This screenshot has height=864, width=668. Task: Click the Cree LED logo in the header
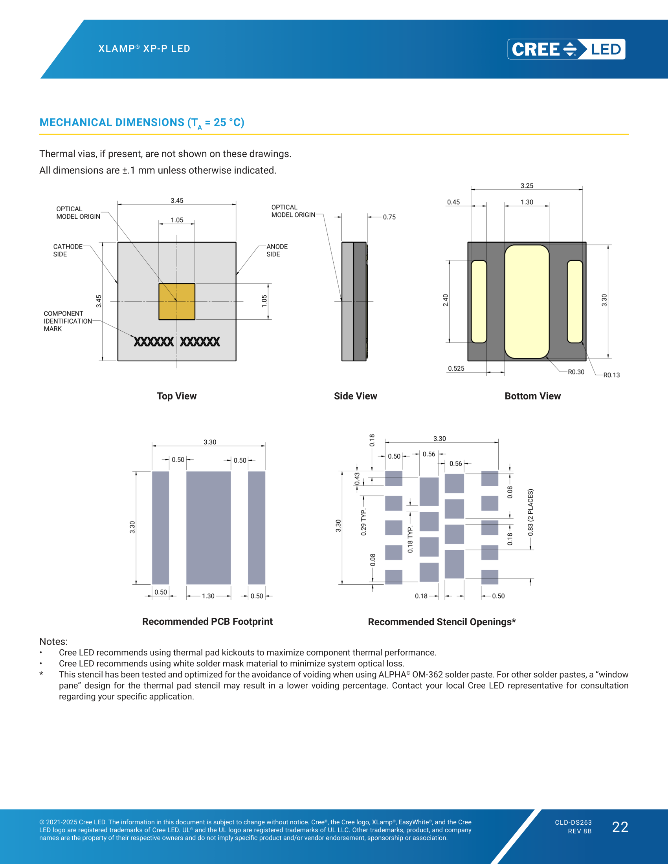pos(566,49)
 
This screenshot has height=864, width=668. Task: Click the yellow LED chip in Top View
pos(177,302)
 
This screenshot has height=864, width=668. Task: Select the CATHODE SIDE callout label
pos(68,251)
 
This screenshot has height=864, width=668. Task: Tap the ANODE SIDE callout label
pos(277,251)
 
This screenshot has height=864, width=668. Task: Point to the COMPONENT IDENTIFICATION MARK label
pos(68,321)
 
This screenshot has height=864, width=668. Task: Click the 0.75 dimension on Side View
pos(389,217)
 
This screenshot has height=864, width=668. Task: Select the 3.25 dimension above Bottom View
pos(527,185)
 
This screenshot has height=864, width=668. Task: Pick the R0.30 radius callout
pos(576,372)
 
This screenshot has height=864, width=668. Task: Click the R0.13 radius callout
pos(611,375)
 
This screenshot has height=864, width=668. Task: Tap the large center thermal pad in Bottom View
pos(527,302)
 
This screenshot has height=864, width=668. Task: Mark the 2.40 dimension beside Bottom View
pos(446,300)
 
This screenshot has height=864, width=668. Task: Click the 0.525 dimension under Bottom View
pos(456,368)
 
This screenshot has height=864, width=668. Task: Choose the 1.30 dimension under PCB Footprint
pos(208,596)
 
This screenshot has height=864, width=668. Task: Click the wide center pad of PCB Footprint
pos(209,528)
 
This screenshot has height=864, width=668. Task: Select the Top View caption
pos(176,396)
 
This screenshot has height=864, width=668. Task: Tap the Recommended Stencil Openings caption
pos(442,622)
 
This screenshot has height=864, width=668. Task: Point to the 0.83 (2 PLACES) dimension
pos(531,513)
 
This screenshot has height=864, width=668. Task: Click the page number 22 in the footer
pos(620,827)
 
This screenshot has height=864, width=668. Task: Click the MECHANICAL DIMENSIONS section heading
pos(142,123)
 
